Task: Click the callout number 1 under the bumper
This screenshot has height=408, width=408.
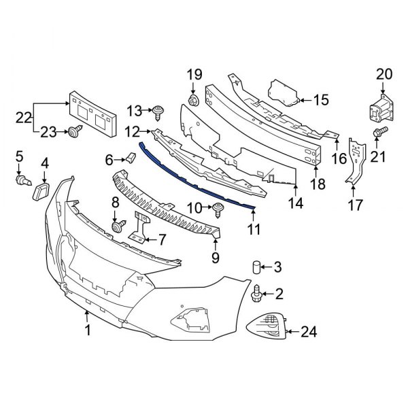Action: (87, 331)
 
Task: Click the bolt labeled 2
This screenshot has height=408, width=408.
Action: (256, 293)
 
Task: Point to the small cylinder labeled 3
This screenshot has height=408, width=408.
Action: (258, 267)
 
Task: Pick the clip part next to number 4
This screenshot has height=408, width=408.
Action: (41, 190)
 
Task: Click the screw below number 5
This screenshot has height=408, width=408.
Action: (22, 182)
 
